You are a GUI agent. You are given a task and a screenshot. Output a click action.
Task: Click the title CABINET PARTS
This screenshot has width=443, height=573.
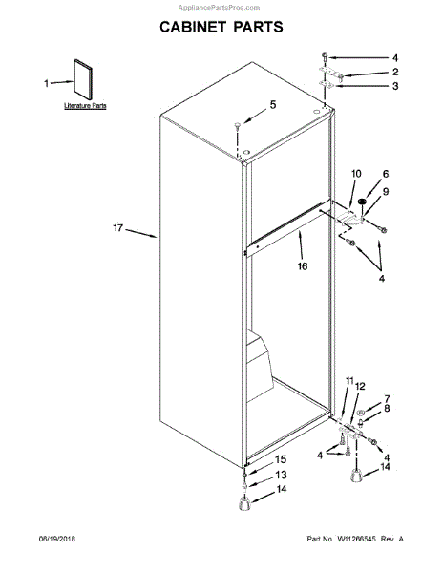221,27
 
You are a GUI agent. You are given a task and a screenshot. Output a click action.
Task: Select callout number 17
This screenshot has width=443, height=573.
118,228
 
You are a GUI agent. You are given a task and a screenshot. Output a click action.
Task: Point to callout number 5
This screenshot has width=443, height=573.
272,104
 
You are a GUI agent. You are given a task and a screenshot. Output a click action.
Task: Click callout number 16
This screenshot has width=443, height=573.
302,266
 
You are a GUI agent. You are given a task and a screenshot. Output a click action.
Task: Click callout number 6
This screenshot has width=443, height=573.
387,174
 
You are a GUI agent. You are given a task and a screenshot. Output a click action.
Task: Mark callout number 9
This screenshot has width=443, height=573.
387,191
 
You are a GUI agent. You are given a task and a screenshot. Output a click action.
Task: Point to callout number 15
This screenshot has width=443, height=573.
281,459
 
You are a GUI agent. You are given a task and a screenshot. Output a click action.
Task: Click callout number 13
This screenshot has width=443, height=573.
281,475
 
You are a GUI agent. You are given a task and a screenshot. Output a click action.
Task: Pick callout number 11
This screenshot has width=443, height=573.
349,380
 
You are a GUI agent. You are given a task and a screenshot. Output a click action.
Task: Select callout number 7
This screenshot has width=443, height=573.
387,398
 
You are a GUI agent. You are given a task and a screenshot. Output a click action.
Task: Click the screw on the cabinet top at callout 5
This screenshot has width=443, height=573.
236,124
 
